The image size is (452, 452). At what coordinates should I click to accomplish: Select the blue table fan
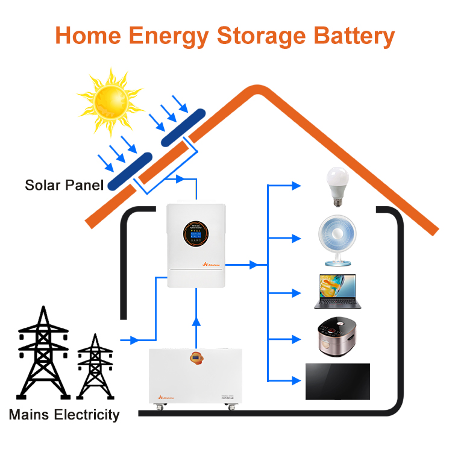tap(336, 242)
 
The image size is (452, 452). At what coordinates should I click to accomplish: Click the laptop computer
tap(336, 292)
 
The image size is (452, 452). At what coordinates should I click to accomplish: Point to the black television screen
tap(337, 381)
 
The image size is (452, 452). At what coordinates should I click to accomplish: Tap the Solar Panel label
tap(64, 184)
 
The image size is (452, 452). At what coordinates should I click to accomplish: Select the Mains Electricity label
tap(64, 415)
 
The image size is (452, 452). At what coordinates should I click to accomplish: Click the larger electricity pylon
tap(42, 356)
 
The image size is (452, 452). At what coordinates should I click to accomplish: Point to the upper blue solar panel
tap(182, 127)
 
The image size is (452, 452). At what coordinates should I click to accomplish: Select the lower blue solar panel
tap(127, 171)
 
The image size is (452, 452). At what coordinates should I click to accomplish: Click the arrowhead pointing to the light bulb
tap(296, 186)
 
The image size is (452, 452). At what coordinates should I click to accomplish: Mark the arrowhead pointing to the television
tap(296, 380)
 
